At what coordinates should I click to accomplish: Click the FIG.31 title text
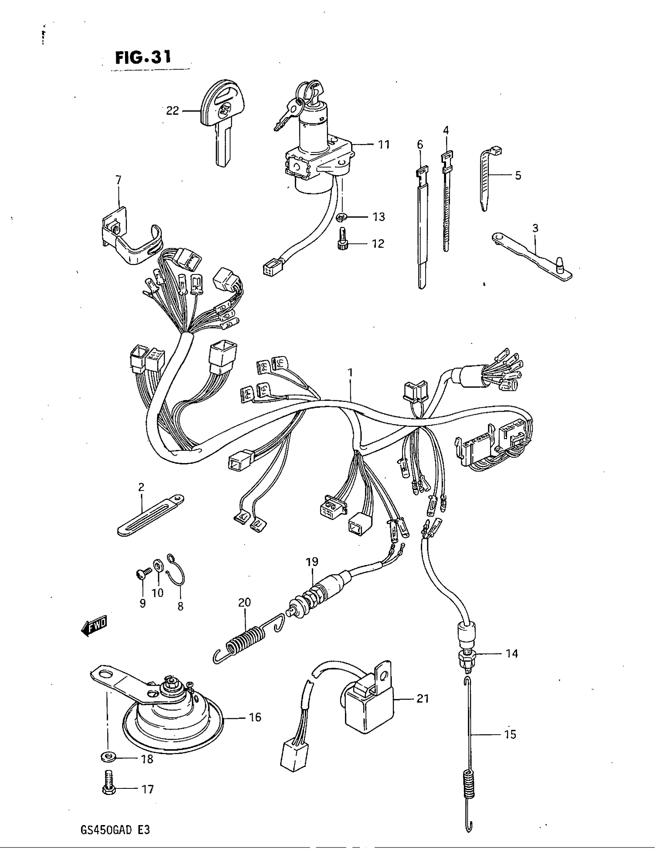click(143, 58)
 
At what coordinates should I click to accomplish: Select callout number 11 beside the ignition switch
click(384, 145)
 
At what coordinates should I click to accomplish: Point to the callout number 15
click(510, 735)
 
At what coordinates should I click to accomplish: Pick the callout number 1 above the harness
click(350, 373)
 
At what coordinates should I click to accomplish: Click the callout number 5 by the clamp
click(517, 175)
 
